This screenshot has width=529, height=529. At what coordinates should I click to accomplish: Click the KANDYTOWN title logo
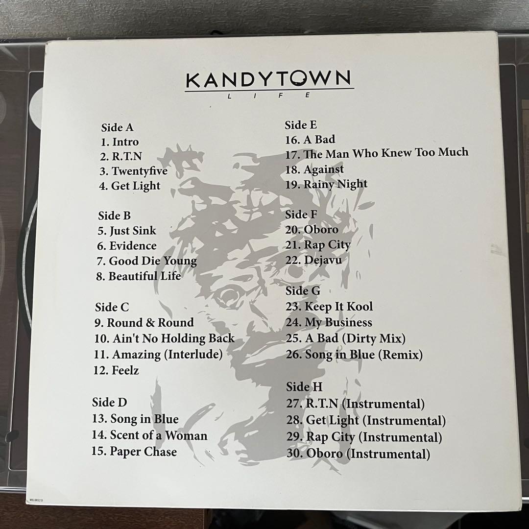coord(269,79)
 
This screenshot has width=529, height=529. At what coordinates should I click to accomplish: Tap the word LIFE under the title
coord(269,96)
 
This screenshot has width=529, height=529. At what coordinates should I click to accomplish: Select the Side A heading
coord(117,127)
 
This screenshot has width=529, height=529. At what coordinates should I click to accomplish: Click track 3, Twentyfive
coord(133,171)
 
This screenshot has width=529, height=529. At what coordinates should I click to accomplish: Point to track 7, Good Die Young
coord(147,261)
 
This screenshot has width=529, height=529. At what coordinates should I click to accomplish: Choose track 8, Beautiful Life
coord(139,276)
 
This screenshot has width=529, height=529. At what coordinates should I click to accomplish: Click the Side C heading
coord(112,307)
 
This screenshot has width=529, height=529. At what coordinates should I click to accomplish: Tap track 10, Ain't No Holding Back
coord(164,338)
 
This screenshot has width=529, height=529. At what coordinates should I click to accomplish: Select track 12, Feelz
coord(116,370)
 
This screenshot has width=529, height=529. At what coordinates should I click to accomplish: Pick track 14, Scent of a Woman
coord(149,435)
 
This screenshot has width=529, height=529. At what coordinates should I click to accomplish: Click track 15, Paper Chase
coord(134,451)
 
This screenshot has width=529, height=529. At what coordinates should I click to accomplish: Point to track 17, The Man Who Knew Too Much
coord(377,153)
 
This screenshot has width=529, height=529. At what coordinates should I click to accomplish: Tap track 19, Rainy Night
coord(326,184)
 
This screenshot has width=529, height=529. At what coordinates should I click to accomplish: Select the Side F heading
coord(301,214)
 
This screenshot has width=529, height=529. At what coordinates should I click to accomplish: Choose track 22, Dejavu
coord(313,260)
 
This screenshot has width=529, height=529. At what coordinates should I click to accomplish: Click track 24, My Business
coord(329,322)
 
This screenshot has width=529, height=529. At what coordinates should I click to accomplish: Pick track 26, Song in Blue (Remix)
coord(354,354)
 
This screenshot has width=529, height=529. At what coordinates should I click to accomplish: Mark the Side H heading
coord(304,387)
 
